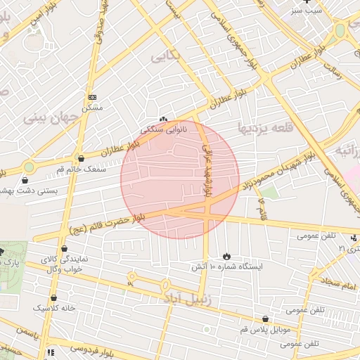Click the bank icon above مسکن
[x=92, y=97]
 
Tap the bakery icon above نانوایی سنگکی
[x=165, y=120]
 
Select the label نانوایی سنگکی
[x=164, y=130]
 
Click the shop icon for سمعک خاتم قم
[x=81, y=159]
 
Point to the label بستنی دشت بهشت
[x=30, y=191]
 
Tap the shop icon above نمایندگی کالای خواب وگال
[x=65, y=248]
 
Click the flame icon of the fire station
[x=226, y=257]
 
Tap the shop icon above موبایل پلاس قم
[x=265, y=319]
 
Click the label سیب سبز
[x=307, y=11]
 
